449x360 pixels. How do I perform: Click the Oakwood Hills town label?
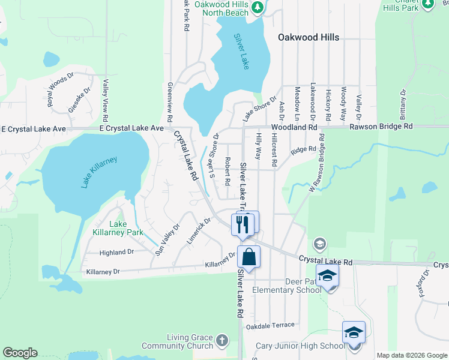tap(309, 37)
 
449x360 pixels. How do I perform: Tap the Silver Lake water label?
tap(241, 52)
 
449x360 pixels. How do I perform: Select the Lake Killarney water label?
tap(100, 172)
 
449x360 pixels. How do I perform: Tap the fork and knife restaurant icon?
tap(242, 224)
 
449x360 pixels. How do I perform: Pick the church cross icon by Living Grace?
tap(222, 340)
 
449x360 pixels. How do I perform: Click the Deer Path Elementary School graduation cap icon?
tap(327, 275)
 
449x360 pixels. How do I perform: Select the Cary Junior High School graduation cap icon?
tap(354, 332)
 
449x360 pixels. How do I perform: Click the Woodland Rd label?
tap(294, 128)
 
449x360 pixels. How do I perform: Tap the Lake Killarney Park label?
tap(118, 228)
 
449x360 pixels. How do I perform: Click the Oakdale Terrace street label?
tap(271, 325)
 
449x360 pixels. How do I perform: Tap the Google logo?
tap(20, 353)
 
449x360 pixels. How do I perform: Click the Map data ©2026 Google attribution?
tap(412, 355)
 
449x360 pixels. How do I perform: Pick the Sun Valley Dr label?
tap(167, 240)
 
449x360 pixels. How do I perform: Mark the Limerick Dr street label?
tap(199, 229)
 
